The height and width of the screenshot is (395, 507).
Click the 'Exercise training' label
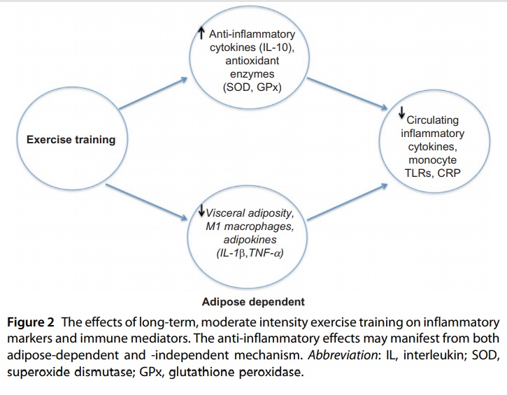click(71, 140)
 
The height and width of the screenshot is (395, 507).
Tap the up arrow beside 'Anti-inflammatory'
click(201, 33)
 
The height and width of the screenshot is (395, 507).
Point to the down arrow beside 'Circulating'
click(401, 112)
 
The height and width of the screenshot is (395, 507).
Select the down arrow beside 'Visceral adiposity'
click(201, 210)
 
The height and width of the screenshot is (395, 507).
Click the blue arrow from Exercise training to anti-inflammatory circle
click(153, 93)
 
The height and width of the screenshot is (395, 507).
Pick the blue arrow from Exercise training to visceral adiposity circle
click(146, 202)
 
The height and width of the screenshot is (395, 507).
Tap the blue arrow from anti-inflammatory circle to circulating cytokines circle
click(347, 94)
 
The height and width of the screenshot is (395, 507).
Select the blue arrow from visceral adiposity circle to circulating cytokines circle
click(348, 202)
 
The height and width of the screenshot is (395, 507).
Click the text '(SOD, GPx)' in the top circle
click(252, 87)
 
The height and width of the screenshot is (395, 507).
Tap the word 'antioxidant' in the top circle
click(252, 61)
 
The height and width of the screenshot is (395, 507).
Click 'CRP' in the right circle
click(448, 173)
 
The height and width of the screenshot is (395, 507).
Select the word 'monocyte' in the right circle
click(433, 160)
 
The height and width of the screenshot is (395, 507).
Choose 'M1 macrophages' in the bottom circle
click(250, 227)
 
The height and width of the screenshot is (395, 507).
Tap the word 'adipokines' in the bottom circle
click(250, 240)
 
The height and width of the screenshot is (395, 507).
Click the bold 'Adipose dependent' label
click(253, 301)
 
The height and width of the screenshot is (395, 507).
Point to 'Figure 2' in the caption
click(30, 322)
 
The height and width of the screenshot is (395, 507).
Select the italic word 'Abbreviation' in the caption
click(342, 355)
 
